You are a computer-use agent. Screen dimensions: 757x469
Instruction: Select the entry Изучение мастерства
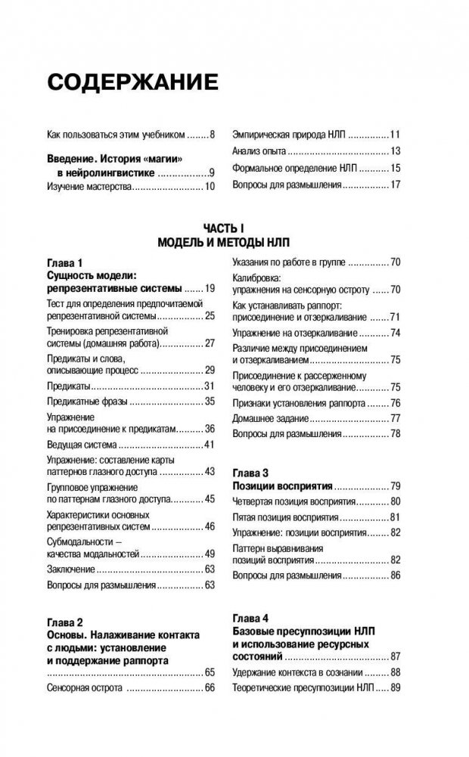[89, 185]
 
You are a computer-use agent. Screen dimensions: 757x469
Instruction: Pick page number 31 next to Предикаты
[210, 386]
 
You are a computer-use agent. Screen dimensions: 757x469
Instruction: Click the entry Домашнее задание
[271, 418]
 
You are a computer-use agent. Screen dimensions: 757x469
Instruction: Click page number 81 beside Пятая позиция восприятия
[395, 518]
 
